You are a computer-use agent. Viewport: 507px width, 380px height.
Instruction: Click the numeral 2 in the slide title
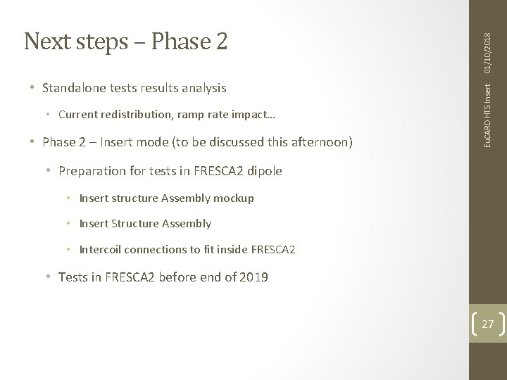pyautogui.click(x=220, y=42)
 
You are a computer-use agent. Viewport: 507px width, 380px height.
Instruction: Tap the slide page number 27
pyautogui.click(x=487, y=324)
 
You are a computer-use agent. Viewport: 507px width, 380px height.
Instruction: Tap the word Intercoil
pyautogui.click(x=101, y=249)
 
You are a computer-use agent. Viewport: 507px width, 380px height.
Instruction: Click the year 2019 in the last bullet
pyautogui.click(x=253, y=277)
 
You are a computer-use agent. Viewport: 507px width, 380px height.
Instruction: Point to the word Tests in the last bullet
pyautogui.click(x=74, y=277)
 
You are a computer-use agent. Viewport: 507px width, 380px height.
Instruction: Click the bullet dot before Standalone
pyautogui.click(x=32, y=89)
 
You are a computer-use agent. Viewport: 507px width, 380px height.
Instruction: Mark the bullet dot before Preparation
pyautogui.click(x=49, y=171)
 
